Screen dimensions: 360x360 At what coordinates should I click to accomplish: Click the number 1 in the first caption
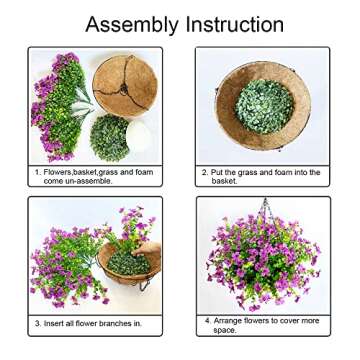tap(36, 172)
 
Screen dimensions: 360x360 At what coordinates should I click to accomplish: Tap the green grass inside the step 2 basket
tap(262, 107)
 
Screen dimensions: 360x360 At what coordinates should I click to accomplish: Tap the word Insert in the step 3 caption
tap(54, 323)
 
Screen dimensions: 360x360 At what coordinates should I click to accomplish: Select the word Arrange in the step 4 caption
tap(230, 319)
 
